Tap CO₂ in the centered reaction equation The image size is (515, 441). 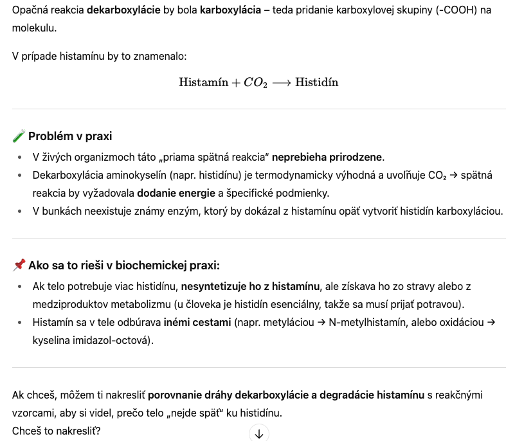pos(255,83)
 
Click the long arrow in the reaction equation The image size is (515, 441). pos(282,83)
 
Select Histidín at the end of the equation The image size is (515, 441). pos(316,83)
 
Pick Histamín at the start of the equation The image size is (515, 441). pos(203,83)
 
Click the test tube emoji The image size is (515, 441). pos(19,136)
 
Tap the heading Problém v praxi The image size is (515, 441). pos(70,136)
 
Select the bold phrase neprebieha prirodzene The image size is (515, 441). pos(327,157)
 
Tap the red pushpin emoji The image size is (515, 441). pos(19,265)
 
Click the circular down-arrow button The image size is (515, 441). pos(258,433)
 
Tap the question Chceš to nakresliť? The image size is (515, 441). pos(56,431)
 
